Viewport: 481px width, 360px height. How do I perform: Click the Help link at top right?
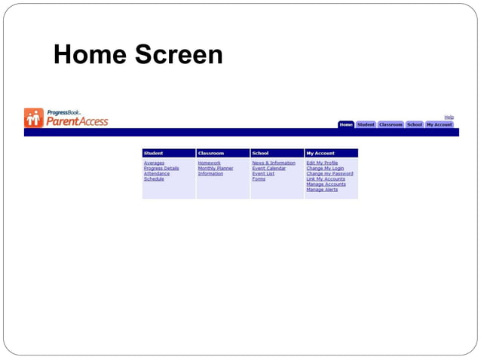(449, 117)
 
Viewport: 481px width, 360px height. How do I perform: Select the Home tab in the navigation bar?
(345, 124)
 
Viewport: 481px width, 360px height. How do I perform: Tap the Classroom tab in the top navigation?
(391, 124)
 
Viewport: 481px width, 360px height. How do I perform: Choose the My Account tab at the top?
(440, 124)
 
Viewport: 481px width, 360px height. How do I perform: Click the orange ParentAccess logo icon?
(34, 117)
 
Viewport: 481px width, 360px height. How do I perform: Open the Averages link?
(154, 163)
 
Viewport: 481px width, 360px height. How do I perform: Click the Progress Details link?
(161, 168)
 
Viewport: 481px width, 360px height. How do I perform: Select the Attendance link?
(156, 173)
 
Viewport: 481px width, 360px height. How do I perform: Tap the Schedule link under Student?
(154, 178)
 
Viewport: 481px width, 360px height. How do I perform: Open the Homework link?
(209, 163)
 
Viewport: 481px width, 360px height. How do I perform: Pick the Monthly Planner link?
(215, 168)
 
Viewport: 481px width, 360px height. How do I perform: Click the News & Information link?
(274, 163)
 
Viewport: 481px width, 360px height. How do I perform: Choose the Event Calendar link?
(268, 168)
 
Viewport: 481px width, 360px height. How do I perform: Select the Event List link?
(263, 173)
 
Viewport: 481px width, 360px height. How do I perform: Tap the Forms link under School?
(259, 178)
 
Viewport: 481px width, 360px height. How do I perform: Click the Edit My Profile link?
(322, 163)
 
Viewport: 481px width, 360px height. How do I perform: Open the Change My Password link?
(329, 173)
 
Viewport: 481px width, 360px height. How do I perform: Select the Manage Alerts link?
(322, 189)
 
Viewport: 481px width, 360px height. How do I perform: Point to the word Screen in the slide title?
(179, 54)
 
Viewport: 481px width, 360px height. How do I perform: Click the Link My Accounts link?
(326, 178)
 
